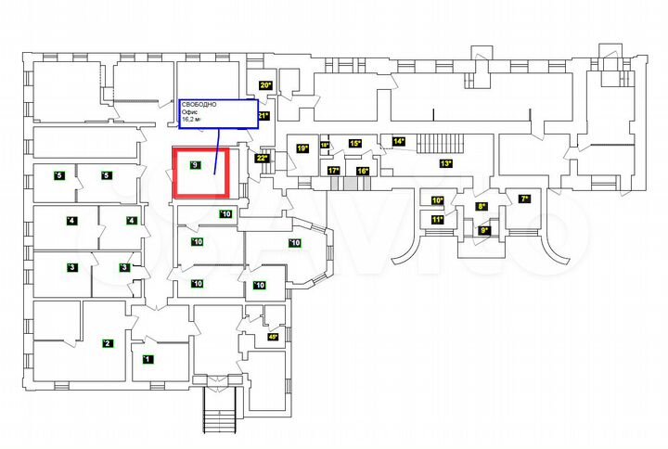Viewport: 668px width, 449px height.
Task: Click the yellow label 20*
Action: pyautogui.click(x=264, y=85)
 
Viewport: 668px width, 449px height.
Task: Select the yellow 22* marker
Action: pyautogui.click(x=262, y=158)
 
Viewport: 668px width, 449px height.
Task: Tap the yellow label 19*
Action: pyautogui.click(x=302, y=148)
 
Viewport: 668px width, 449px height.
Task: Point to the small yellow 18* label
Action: pyautogui.click(x=325, y=145)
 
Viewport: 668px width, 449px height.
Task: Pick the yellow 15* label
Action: pyautogui.click(x=354, y=143)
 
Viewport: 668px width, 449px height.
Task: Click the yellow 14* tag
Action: pyautogui.click(x=399, y=141)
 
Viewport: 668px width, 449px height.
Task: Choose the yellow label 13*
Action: pyautogui.click(x=445, y=164)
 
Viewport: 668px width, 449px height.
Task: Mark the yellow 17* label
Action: pyautogui.click(x=333, y=171)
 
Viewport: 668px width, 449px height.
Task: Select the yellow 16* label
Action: pyautogui.click(x=363, y=171)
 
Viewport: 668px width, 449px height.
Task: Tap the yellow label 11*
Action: pyautogui.click(x=437, y=220)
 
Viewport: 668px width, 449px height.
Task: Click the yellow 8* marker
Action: pyautogui.click(x=482, y=206)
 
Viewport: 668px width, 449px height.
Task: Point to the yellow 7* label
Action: pyautogui.click(x=524, y=199)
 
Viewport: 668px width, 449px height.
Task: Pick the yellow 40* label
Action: pyautogui.click(x=272, y=337)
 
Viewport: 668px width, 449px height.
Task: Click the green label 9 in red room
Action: pyautogui.click(x=194, y=165)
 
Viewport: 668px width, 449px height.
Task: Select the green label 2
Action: pyautogui.click(x=107, y=343)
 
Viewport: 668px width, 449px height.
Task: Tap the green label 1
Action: pyautogui.click(x=146, y=358)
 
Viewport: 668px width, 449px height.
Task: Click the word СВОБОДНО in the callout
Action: pyautogui.click(x=199, y=105)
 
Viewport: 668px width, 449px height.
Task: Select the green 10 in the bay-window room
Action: pyautogui.click(x=295, y=243)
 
